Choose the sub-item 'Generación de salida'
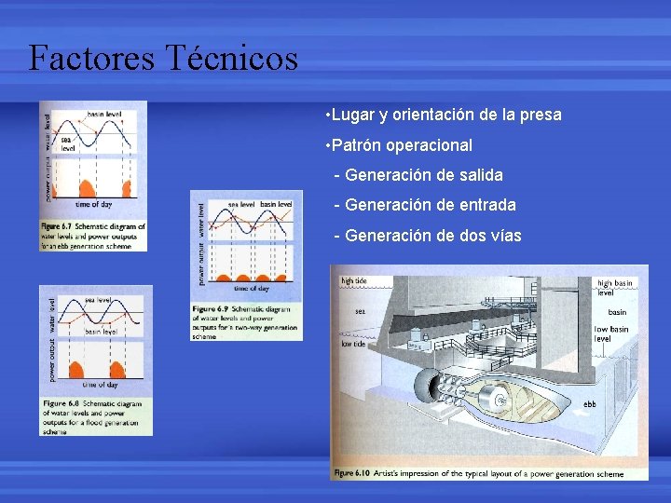click(423, 175)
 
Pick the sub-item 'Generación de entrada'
click(430, 205)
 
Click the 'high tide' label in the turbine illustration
click(354, 280)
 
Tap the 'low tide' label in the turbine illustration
click(353, 344)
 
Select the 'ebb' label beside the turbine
click(589, 404)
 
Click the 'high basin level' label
click(614, 288)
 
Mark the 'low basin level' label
click(611, 333)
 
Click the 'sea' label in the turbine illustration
click(360, 311)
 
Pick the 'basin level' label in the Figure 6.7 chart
click(104, 114)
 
